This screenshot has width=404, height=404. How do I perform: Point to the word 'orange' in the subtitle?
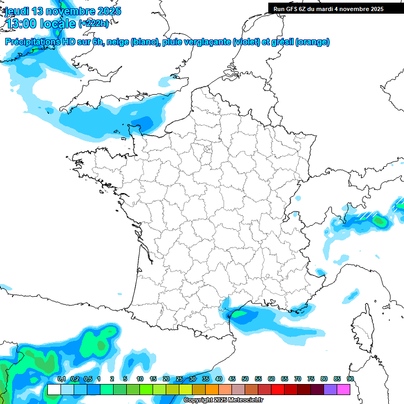coord(314,42)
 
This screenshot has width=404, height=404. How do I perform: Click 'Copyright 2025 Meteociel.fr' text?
coord(223,400)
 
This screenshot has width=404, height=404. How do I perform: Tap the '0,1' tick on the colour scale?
coord(61,379)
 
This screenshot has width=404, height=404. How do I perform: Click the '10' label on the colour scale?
coord(140,379)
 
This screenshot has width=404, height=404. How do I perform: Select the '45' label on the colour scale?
coord(232,379)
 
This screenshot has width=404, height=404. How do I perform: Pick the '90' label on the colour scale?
coord(350,379)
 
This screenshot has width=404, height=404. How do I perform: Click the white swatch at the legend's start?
coord(54,389)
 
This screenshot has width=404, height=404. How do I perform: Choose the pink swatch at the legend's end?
coord(343,389)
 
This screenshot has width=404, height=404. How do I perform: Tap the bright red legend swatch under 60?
coord(277,389)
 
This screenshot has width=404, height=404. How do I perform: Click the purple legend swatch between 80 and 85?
coord(330,389)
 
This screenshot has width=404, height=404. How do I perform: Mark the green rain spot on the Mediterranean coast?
coord(240,314)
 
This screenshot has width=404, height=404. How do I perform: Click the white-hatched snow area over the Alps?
coord(366,215)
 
